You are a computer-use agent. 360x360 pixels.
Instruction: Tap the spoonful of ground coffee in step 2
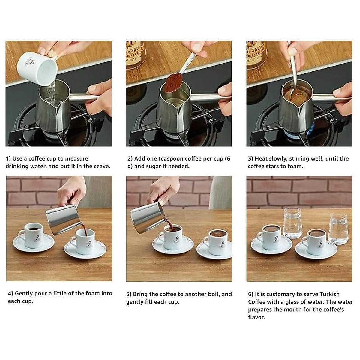tap(173, 83)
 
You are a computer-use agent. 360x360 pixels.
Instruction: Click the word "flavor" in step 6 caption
tap(256, 317)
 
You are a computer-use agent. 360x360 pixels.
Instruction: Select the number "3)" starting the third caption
tap(250, 159)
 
